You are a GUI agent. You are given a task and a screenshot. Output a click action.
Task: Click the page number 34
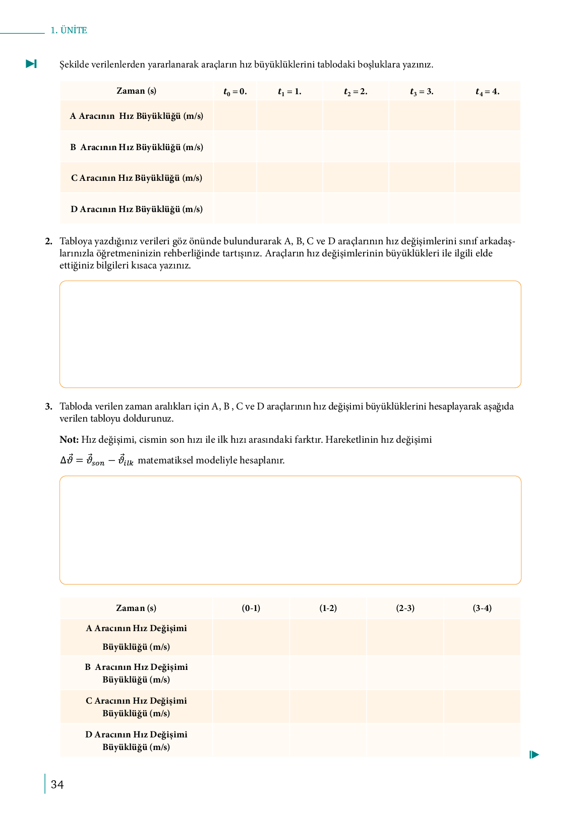pos(57,785)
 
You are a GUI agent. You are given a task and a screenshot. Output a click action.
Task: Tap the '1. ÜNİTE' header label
pos(69,30)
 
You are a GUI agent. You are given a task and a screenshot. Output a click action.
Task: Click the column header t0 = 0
pos(235,92)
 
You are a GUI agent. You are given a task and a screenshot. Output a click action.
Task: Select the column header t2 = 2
pos(356,92)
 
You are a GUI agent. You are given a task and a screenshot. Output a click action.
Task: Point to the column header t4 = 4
pos(487,92)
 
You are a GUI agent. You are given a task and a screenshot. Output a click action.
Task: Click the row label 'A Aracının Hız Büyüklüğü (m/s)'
pos(136,116)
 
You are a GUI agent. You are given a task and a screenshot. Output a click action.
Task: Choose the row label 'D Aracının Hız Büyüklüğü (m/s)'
pos(136,209)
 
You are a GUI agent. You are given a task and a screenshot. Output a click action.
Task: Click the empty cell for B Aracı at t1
pos(289,147)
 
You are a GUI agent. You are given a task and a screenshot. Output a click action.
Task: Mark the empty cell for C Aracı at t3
pos(422,178)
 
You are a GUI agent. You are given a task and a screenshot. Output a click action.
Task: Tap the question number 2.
pos(48,241)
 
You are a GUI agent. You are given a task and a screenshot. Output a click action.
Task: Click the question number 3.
pos(48,406)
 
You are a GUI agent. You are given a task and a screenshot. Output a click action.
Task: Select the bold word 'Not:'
pos(69,440)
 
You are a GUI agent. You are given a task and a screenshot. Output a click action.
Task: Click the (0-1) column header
pos(251,608)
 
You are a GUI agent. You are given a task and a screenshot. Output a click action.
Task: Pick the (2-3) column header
pos(405,608)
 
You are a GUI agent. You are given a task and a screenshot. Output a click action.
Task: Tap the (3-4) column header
pos(482,608)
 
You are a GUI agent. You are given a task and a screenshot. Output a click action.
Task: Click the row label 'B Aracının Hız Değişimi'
pos(136,667)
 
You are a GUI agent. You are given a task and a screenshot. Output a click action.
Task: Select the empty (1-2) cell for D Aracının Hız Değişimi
pos(328,740)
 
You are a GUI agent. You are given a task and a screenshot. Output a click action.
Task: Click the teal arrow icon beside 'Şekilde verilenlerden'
pos(31,64)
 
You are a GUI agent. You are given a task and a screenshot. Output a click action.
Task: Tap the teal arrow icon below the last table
pos(535,755)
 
